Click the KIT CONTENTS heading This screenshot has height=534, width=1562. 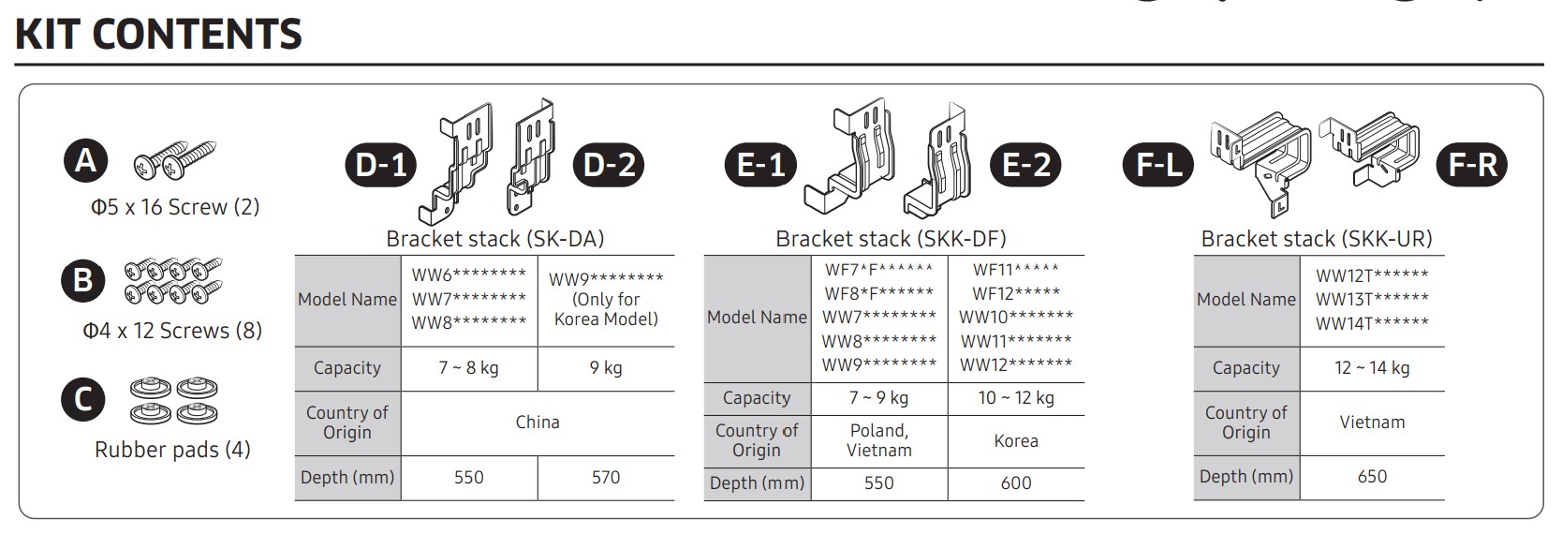point(158,34)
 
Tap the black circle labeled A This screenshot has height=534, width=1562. point(85,161)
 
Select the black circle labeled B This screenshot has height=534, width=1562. point(82,280)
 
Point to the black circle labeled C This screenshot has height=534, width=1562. point(82,400)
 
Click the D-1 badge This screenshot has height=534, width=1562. point(381,166)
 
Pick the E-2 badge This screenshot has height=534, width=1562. point(1026,166)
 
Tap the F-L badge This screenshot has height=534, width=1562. point(1158,166)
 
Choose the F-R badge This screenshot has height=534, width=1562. point(1473,166)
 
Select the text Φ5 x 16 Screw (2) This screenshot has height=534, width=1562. point(174,207)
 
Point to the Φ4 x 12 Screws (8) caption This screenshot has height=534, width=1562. point(172,331)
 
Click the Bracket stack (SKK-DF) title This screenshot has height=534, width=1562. point(891,239)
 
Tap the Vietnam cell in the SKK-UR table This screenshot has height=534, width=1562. point(1372,423)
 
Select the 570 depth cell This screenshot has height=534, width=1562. point(606,478)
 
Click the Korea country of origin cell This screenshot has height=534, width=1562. point(1016,441)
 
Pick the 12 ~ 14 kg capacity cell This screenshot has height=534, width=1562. point(1372,368)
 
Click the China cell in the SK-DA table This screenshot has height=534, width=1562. point(538,423)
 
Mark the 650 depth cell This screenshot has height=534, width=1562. point(1372,477)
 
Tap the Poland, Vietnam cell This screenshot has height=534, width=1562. point(879,440)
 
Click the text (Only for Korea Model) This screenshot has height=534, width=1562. point(606,309)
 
